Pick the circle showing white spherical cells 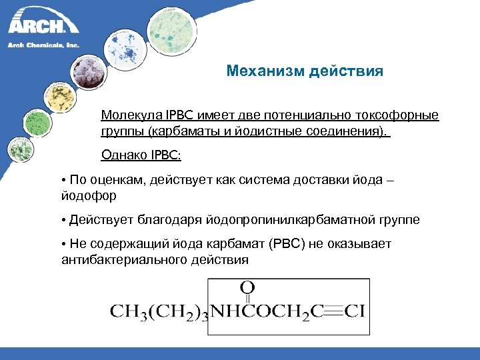[89, 73]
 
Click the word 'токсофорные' [401, 115]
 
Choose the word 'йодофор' [89, 197]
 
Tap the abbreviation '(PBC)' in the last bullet [286, 243]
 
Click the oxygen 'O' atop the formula [247, 287]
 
